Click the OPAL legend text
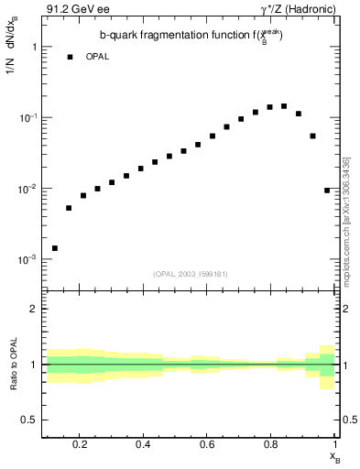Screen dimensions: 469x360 click(x=97, y=57)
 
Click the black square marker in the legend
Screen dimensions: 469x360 click(x=70, y=57)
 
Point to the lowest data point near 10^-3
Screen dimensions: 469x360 click(x=55, y=248)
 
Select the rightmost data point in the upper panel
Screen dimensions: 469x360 click(x=327, y=191)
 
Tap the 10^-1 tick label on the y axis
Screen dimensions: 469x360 click(x=27, y=117)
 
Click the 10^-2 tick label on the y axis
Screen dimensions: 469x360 click(x=27, y=189)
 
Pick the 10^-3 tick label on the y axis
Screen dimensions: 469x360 click(x=27, y=260)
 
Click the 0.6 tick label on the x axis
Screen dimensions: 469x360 click(x=207, y=444)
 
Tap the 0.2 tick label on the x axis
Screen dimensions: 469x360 click(x=79, y=444)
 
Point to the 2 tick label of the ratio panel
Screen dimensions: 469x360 click(x=34, y=309)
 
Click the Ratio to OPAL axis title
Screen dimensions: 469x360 click(x=12, y=365)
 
